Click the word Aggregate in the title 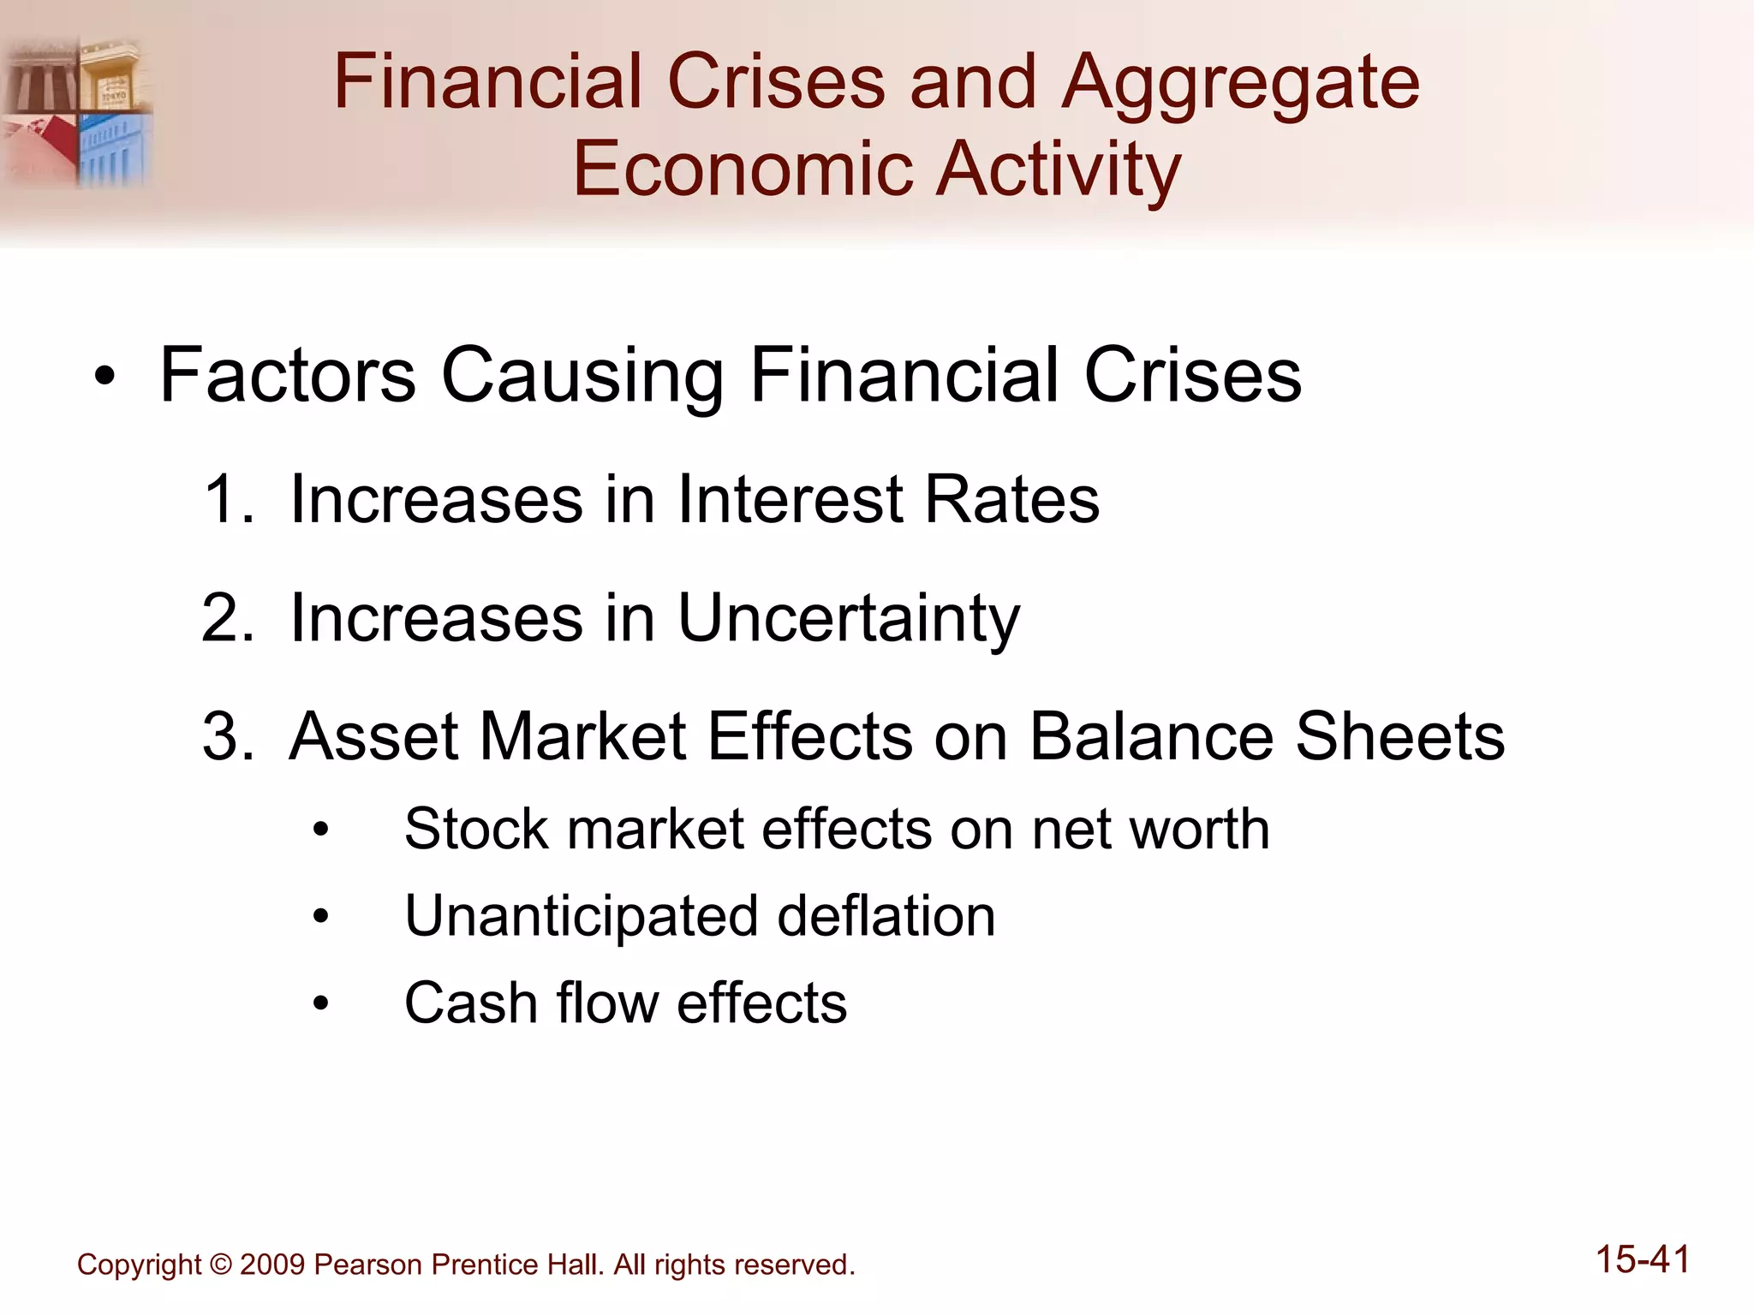point(1240,84)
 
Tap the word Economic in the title point(742,169)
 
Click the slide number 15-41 point(1642,1260)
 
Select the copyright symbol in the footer point(220,1264)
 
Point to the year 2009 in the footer point(272,1264)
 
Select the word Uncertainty point(848,619)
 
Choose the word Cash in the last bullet point(469,1003)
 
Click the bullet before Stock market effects point(320,830)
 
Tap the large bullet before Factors point(104,377)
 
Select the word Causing point(582,377)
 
